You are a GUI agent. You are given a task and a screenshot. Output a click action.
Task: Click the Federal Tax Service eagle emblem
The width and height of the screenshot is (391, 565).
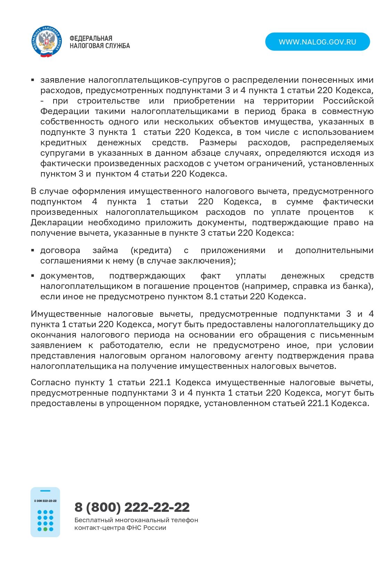47,42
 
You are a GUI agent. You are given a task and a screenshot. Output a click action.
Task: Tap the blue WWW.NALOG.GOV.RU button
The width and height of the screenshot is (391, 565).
317,42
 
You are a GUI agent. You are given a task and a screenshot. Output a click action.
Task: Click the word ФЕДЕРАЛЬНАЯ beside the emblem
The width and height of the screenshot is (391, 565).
91,38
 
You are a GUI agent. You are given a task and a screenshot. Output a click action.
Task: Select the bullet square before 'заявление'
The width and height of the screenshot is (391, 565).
33,80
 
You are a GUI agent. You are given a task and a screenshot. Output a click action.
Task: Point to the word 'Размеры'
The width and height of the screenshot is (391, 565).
218,143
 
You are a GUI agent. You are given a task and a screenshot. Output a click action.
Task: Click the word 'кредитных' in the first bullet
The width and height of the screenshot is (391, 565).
63,143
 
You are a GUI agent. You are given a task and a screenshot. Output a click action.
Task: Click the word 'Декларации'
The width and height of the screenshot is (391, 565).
57,223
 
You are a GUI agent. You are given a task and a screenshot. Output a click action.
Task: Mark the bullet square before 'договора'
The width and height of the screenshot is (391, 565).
33,250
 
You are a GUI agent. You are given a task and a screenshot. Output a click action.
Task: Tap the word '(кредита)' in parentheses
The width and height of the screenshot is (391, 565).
151,250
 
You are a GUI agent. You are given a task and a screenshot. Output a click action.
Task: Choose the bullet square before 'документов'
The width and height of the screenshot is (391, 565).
33,276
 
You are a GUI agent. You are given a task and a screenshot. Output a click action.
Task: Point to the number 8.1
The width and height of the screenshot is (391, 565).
212,297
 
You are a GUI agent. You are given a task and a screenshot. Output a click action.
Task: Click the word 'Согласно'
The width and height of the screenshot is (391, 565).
50,382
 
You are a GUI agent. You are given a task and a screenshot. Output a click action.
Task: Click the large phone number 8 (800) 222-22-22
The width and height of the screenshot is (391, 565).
132,507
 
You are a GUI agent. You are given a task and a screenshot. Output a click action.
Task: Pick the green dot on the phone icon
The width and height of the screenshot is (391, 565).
45,529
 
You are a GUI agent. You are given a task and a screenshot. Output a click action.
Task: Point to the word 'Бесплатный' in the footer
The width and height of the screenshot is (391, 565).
93,520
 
